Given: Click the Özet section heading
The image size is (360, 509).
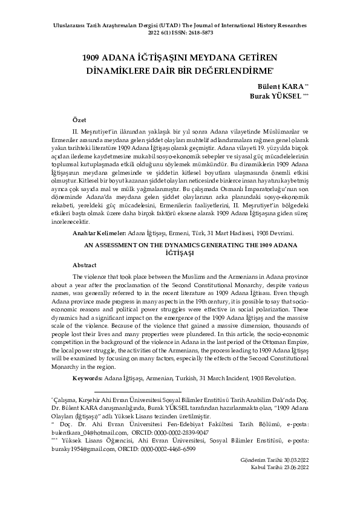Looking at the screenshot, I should (79, 120).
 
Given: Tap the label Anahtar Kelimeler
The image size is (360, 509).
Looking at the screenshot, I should (99, 233).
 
